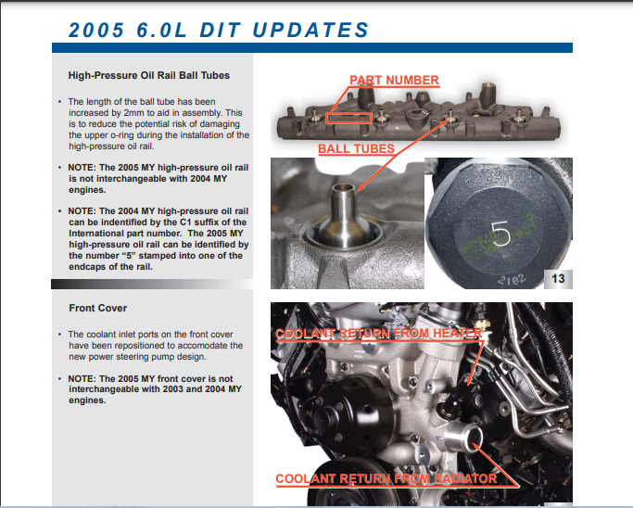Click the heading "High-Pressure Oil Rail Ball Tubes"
[x=148, y=75]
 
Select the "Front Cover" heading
[x=97, y=307]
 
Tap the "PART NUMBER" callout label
[x=394, y=81]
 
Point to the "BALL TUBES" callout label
[x=356, y=148]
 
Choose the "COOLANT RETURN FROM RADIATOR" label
[x=386, y=479]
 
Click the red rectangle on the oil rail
[x=347, y=119]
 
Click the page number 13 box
[x=559, y=278]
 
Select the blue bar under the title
[x=311, y=47]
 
